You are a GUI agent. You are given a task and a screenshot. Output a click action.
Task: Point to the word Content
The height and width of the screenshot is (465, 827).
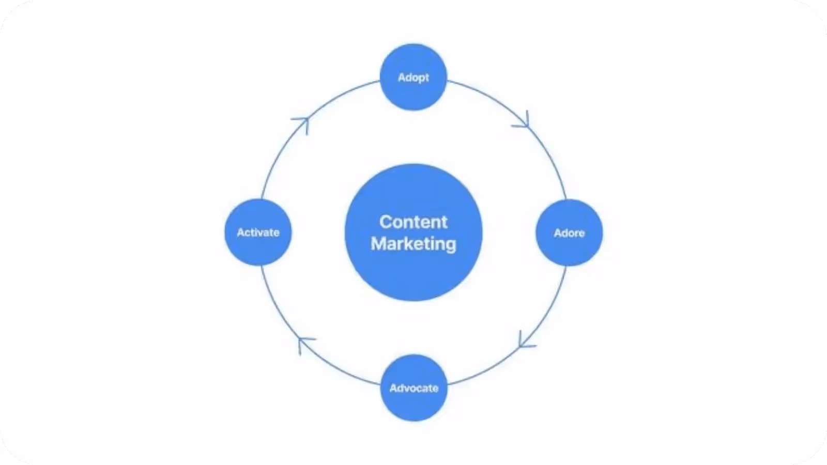pyautogui.click(x=413, y=222)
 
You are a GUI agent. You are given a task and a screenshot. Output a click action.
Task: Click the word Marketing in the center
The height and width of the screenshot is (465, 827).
pyautogui.click(x=413, y=243)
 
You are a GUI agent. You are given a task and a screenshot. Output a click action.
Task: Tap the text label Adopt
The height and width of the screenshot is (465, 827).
pyautogui.click(x=413, y=78)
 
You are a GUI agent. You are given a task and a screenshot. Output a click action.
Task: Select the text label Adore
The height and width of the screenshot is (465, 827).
pyautogui.click(x=569, y=233)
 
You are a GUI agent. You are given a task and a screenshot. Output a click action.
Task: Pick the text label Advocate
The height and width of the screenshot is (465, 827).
pyautogui.click(x=413, y=388)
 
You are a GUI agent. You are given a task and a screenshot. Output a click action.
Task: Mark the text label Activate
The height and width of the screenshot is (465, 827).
pyautogui.click(x=258, y=233)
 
